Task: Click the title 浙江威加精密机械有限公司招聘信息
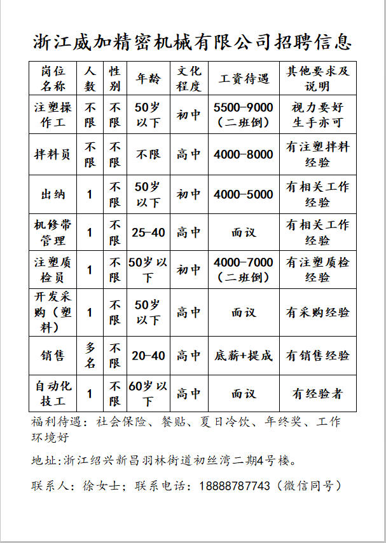(192, 42)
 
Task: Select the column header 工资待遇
(244, 78)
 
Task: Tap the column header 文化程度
(189, 78)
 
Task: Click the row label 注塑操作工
(53, 114)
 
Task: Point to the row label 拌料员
(53, 154)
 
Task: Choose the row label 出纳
(53, 194)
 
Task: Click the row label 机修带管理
(53, 232)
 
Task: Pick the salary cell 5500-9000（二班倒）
(244, 114)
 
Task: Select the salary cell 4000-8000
(244, 154)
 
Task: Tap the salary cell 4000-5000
(244, 194)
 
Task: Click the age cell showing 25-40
(148, 232)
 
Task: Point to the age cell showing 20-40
(148, 356)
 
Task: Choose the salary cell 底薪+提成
(244, 356)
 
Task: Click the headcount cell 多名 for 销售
(90, 356)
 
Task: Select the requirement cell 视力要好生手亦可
(317, 114)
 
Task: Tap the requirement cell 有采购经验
(317, 312)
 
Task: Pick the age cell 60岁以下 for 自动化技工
(148, 394)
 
